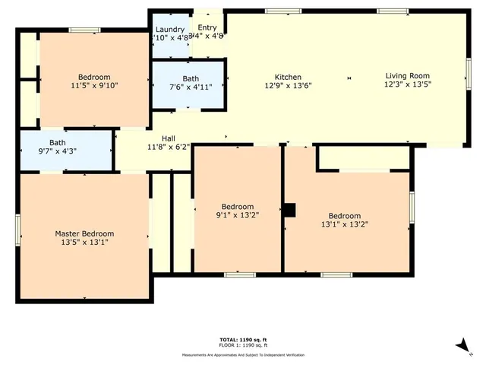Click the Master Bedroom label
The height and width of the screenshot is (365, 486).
click(x=84, y=233)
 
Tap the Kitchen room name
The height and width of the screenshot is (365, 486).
click(x=288, y=77)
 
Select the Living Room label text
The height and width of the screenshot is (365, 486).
click(x=407, y=75)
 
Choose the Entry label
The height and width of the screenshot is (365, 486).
click(x=207, y=27)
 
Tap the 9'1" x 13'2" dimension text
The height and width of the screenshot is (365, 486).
click(x=238, y=215)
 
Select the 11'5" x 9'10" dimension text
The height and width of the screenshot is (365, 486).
click(x=94, y=85)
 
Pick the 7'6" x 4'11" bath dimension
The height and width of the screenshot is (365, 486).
click(x=191, y=87)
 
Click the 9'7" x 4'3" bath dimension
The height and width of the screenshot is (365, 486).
click(x=58, y=151)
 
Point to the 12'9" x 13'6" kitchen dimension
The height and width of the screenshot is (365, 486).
click(x=288, y=85)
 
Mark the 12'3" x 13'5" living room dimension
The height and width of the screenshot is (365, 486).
click(x=407, y=84)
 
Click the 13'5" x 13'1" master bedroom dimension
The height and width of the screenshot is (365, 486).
click(x=84, y=243)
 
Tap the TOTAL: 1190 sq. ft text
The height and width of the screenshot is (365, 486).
click(x=242, y=339)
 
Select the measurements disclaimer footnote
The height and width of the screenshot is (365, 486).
click(x=242, y=355)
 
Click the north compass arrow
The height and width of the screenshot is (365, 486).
click(x=462, y=347)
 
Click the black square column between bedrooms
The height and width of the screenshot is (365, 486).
click(x=289, y=210)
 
